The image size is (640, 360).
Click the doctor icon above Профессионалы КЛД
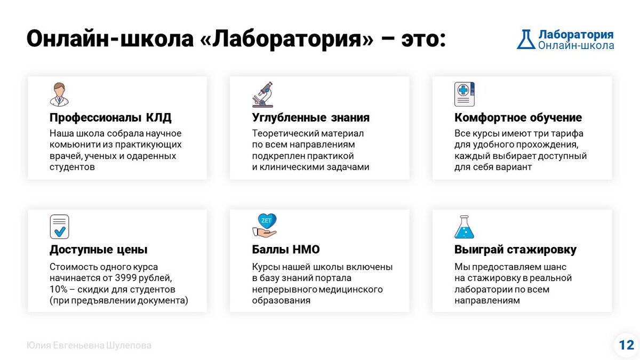tap(59, 94)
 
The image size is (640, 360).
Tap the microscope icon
tap(262, 94)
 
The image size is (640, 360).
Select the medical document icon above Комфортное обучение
tap(464, 94)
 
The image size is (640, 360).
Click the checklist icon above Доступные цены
tap(59, 226)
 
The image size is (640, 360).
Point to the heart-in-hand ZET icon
tap(265, 225)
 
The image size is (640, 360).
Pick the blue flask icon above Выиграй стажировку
tap(464, 226)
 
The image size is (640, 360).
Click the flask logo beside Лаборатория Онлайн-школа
tap(526, 39)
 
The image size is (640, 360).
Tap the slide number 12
tap(626, 345)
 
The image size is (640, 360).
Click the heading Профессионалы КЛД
tap(110, 118)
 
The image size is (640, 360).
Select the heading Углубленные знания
tap(310, 118)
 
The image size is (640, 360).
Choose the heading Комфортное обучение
tap(518, 118)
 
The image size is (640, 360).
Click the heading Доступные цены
tap(99, 250)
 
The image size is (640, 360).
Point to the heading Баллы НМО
tap(286, 250)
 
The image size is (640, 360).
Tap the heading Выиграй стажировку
tap(515, 250)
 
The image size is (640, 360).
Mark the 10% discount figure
tap(59, 290)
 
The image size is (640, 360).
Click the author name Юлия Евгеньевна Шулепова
tap(89, 346)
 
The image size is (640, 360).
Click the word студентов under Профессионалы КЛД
tap(72, 167)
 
